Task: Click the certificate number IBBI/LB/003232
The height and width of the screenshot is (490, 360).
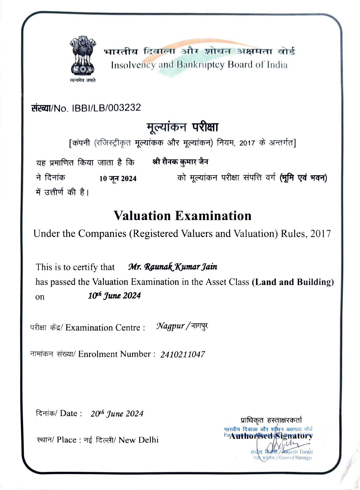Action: point(106,108)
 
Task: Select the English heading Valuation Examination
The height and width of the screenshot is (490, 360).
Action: point(183,216)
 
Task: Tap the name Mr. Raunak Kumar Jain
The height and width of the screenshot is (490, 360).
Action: point(173,267)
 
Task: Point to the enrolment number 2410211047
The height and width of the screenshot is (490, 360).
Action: point(183,355)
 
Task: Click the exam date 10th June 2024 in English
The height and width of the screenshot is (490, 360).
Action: point(114,296)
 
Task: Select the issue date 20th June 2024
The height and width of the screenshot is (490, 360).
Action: point(117,414)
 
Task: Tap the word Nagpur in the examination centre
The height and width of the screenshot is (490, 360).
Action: point(170,326)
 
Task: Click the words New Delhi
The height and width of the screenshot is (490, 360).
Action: point(139,440)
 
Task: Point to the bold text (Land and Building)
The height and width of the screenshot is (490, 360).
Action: point(293,282)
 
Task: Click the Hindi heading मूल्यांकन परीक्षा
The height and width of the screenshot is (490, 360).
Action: point(183,127)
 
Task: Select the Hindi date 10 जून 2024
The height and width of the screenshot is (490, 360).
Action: point(118,178)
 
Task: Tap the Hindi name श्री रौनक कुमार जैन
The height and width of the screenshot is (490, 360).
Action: point(180,162)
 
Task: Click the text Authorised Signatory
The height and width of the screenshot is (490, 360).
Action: point(271,436)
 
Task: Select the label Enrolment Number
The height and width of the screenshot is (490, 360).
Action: point(115,354)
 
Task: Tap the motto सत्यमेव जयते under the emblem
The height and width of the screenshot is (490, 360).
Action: point(83,80)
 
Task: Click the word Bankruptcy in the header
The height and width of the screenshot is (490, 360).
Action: point(201,65)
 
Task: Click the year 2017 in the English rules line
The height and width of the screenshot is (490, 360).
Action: point(320,234)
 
